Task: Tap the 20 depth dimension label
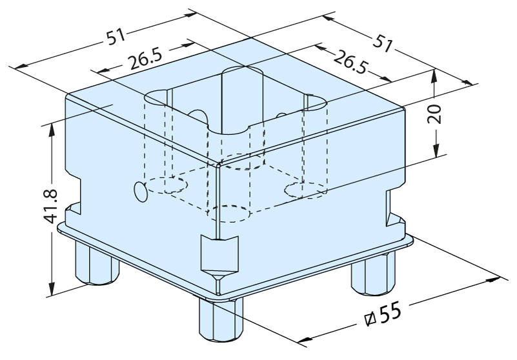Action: click(435, 114)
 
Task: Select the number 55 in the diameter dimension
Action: click(390, 312)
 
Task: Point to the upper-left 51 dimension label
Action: click(116, 37)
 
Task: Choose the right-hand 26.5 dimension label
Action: click(350, 63)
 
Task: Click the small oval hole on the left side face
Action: click(141, 192)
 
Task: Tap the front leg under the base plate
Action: click(221, 321)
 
